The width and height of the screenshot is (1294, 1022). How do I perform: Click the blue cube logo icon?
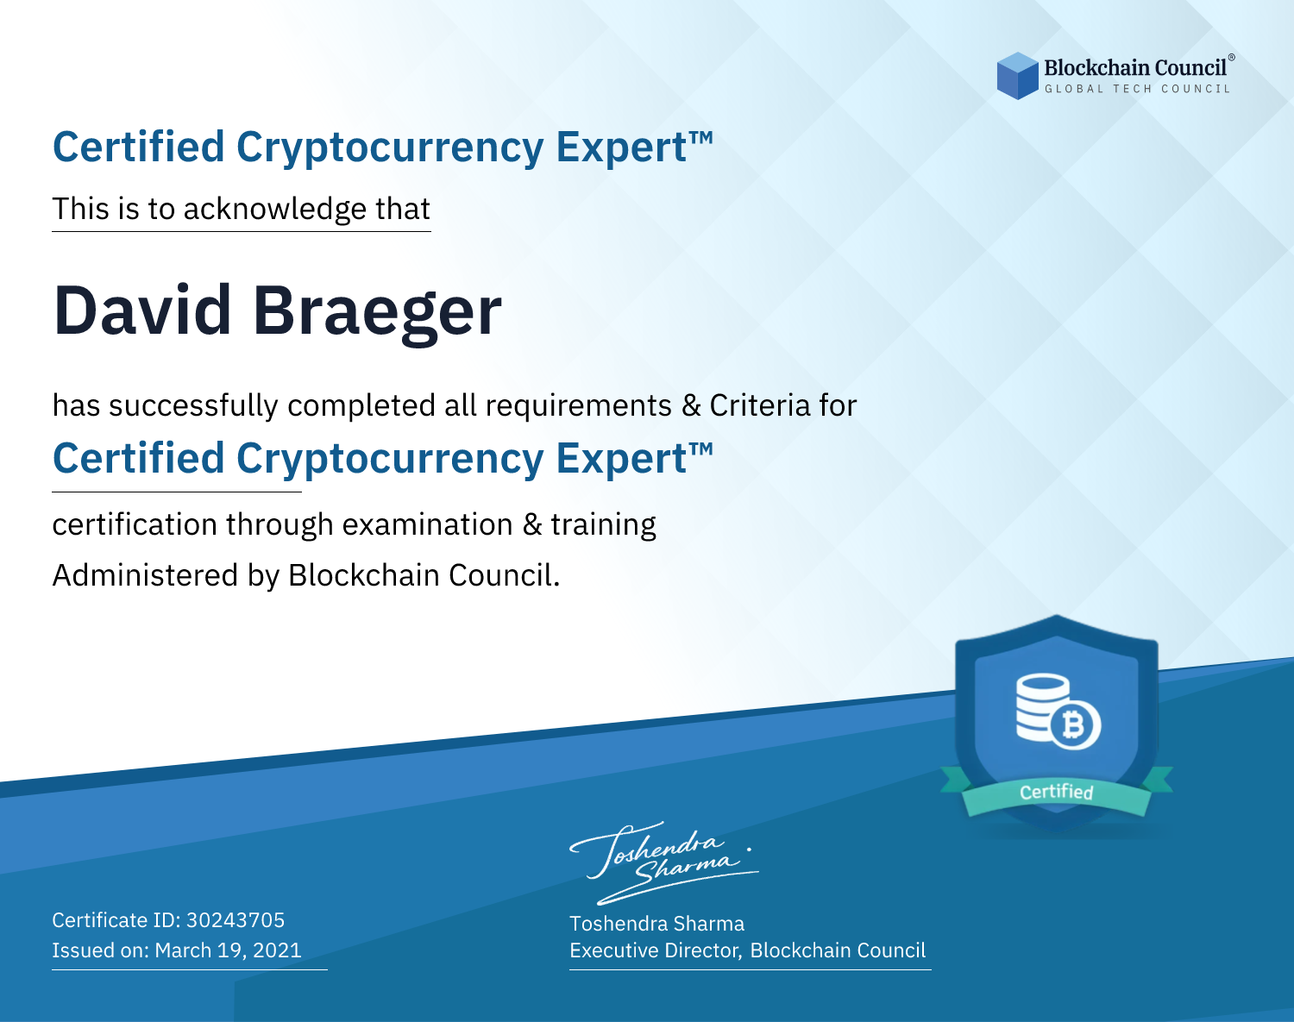(1017, 76)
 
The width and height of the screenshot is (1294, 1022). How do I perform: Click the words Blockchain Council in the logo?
(1135, 67)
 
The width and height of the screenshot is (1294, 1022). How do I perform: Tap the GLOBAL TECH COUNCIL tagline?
(1137, 89)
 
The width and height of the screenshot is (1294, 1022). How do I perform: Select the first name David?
(141, 310)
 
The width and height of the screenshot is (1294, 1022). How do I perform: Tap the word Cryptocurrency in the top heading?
(390, 147)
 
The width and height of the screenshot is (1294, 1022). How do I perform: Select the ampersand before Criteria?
(690, 406)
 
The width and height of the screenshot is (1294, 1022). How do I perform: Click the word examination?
(428, 524)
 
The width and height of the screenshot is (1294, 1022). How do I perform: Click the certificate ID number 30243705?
(236, 919)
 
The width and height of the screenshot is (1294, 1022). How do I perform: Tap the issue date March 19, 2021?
(228, 950)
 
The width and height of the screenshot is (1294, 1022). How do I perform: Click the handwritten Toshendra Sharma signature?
(663, 862)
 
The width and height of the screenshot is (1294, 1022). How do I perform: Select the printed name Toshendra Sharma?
(656, 924)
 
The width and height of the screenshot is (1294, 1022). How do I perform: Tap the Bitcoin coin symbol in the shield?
(1075, 725)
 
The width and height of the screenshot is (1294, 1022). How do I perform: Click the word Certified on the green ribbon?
(1057, 793)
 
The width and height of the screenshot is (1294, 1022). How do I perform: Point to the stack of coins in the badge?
(1043, 707)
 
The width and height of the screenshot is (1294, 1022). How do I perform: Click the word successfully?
(193, 406)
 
